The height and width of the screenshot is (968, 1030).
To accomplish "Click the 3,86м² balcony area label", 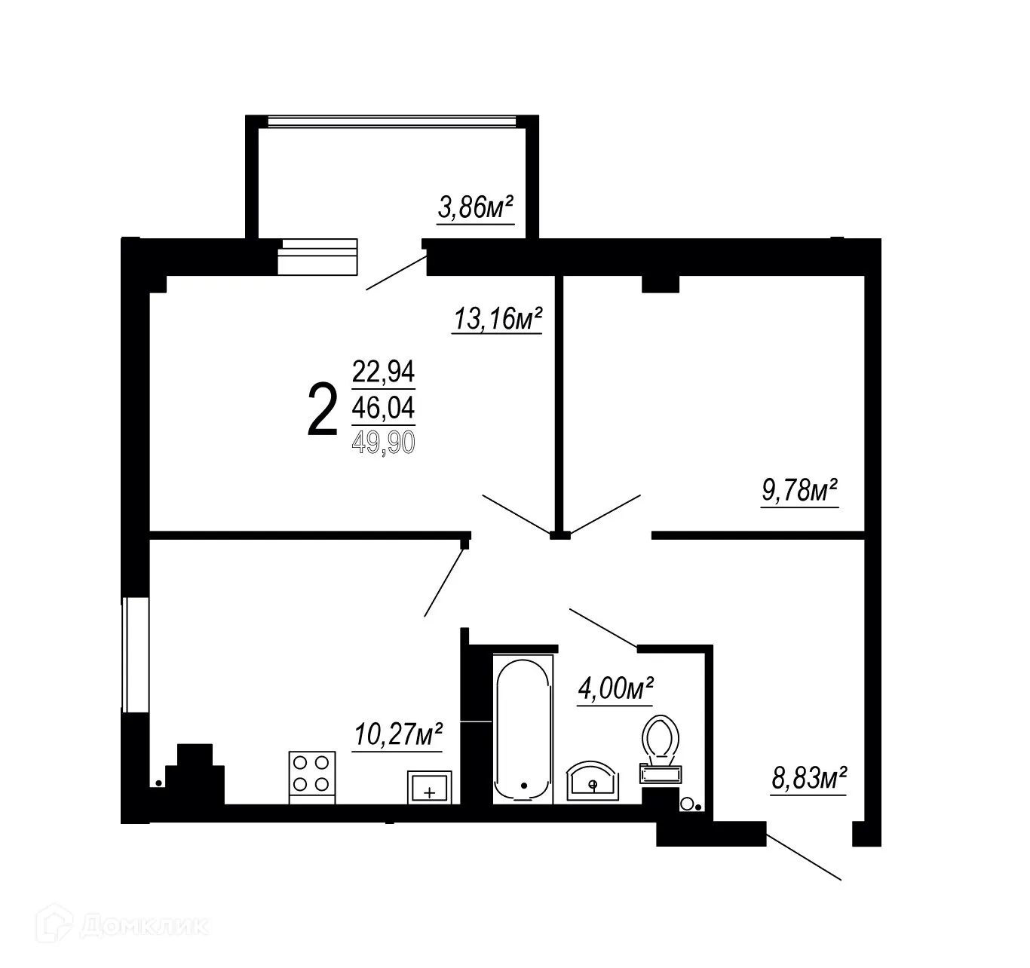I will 476,207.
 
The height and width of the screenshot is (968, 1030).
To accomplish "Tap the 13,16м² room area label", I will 498,319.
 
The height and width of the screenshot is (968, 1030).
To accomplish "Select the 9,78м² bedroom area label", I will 801,492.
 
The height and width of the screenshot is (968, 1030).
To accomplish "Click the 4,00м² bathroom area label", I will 615,688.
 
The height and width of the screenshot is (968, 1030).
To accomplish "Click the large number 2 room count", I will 322,409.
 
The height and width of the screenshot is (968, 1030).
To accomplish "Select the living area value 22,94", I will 383,372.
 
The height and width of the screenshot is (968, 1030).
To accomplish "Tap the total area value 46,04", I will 383,408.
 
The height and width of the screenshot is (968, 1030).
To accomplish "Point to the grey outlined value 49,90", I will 383,443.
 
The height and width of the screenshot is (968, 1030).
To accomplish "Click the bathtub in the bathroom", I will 523,728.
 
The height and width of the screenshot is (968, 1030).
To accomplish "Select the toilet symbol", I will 661,743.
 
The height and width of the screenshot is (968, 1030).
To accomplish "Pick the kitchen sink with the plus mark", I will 429,787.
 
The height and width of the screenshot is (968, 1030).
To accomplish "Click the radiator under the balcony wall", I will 317,257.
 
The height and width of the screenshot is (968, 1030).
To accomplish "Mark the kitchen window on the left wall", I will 136,654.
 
